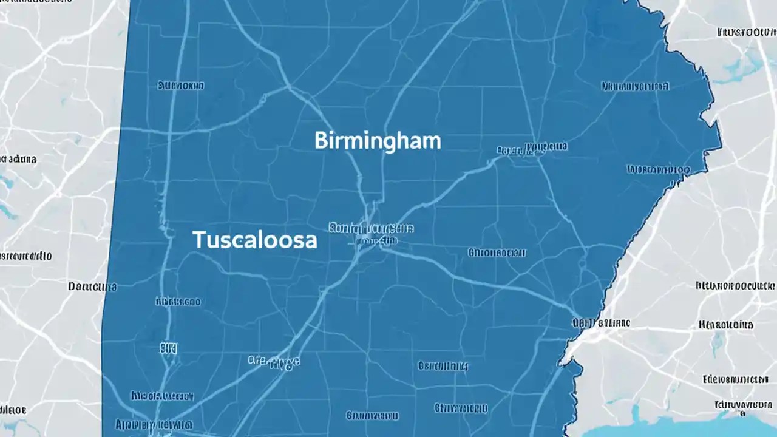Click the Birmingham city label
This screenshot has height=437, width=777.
[x=378, y=141]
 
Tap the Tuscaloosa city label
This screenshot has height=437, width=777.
[x=255, y=240]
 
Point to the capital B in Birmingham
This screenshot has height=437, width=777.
[x=320, y=141]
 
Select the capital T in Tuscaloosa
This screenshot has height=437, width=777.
[x=198, y=240]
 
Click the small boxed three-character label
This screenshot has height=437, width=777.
[x=169, y=348]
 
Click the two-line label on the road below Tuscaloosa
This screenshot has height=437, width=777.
[x=275, y=362]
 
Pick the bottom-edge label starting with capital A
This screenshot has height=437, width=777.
[x=154, y=424]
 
